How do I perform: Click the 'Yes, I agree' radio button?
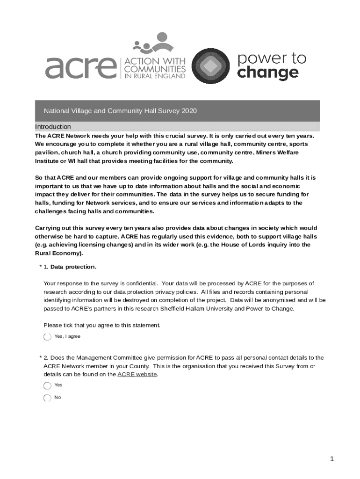point(47,337)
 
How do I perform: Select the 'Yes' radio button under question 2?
point(47,385)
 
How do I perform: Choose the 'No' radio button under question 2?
point(47,398)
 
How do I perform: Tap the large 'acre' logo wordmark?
point(80,68)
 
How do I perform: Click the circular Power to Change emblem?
point(211,66)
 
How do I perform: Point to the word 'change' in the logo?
point(267,73)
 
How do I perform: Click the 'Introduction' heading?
point(53,127)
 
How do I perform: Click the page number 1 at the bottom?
point(332,459)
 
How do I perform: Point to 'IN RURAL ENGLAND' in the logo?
point(154,77)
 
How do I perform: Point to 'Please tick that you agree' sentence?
point(101,326)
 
